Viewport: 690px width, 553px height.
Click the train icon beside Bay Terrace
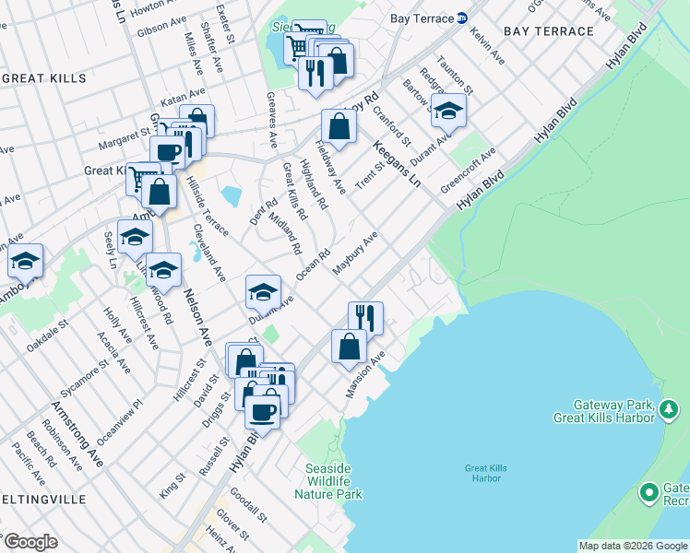tap(462, 18)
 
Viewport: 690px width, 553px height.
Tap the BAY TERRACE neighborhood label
tap(549, 31)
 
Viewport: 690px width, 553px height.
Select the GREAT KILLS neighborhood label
tap(43, 79)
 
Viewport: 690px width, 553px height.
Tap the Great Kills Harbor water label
tap(482, 473)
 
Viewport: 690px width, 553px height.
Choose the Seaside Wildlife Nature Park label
tap(327, 481)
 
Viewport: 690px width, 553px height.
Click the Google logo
tap(30, 542)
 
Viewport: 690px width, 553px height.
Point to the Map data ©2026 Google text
tap(632, 546)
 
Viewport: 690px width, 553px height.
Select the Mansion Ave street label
tap(363, 372)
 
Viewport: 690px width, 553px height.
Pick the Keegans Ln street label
tap(397, 164)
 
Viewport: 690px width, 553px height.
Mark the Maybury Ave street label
tap(355, 253)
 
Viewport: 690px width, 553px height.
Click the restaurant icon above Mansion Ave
tap(365, 318)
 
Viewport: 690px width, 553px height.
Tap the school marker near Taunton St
tap(448, 112)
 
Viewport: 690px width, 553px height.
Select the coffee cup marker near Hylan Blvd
tap(262, 413)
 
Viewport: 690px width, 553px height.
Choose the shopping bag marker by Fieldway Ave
tap(339, 126)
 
